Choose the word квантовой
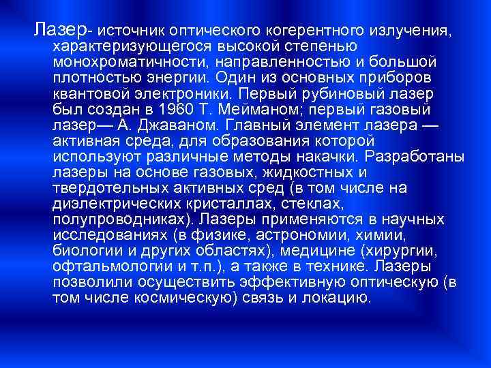coord(89,93)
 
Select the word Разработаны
coord(419,156)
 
